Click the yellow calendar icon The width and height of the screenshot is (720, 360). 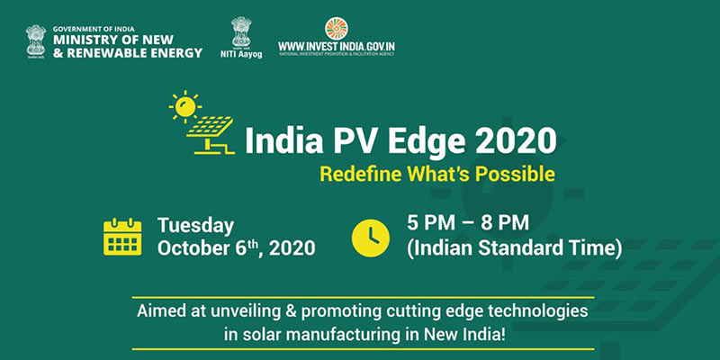[123, 236]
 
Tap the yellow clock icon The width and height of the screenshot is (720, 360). [371, 236]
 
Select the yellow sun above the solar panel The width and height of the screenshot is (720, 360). [185, 107]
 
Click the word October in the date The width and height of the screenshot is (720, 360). [193, 247]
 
